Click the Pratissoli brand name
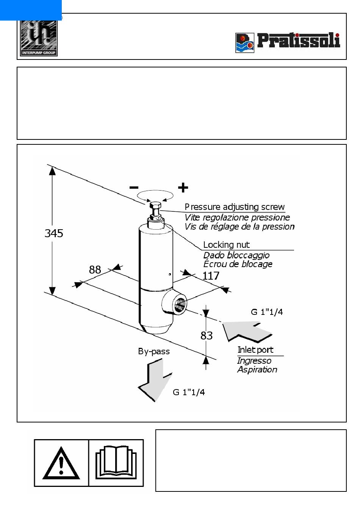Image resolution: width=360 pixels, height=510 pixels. click(298, 41)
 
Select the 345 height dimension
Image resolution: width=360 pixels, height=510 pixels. click(54, 233)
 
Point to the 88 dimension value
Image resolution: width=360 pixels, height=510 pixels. click(95, 270)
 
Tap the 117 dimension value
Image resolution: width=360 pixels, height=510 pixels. click(211, 276)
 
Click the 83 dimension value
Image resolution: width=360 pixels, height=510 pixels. click(206, 335)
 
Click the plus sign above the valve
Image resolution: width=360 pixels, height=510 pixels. click(183, 188)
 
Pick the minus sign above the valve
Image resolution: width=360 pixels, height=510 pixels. click(134, 188)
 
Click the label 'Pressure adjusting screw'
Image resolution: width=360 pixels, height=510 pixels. click(235, 207)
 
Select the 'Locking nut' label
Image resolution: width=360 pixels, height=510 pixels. click(226, 245)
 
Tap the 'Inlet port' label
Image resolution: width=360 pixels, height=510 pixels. click(255, 350)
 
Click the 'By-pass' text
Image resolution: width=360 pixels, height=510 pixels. click(154, 352)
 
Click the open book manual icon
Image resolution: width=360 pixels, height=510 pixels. click(116, 462)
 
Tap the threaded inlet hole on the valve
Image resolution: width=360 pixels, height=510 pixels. click(180, 305)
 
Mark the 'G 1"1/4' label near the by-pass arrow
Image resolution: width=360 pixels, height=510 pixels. click(189, 392)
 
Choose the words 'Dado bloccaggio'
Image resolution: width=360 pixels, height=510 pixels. click(236, 255)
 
